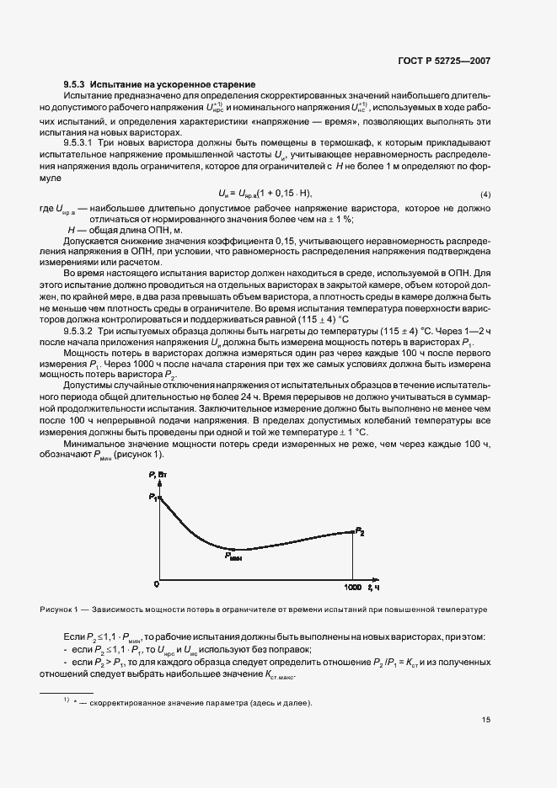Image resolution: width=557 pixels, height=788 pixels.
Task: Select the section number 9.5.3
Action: [76, 85]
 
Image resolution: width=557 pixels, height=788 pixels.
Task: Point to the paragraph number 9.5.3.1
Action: [96, 144]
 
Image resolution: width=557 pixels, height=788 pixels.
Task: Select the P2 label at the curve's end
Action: [360, 531]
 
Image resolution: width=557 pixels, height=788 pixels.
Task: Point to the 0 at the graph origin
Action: [156, 584]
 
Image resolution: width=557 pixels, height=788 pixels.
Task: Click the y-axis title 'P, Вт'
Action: [158, 478]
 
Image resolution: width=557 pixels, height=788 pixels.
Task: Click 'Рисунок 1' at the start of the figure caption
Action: [58, 609]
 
